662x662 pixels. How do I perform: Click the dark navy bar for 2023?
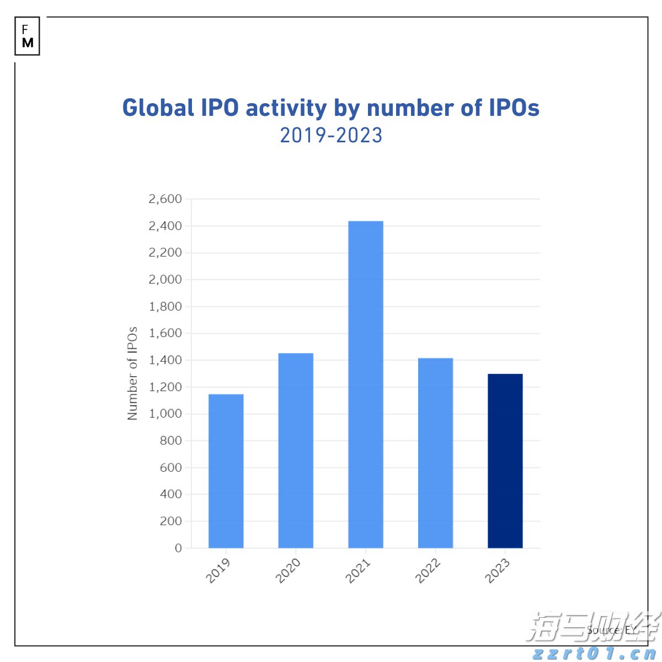tap(505, 461)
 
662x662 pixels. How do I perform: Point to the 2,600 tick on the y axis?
tap(165, 199)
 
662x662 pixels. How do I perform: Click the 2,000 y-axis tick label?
tap(165, 280)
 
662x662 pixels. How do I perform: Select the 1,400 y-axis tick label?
tap(165, 360)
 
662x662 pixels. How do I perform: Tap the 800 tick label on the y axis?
tap(170, 441)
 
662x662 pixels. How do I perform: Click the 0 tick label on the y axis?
tap(178, 548)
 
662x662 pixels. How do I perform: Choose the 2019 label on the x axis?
tap(218, 570)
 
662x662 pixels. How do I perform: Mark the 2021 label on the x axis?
tap(358, 570)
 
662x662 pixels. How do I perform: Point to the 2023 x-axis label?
tap(498, 570)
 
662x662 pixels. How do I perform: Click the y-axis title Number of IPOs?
tap(132, 373)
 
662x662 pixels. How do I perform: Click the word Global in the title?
tap(158, 108)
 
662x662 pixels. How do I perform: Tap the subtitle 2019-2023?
tap(331, 136)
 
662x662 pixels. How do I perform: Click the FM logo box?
tap(28, 36)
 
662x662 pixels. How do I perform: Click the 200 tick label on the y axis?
tap(170, 521)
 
